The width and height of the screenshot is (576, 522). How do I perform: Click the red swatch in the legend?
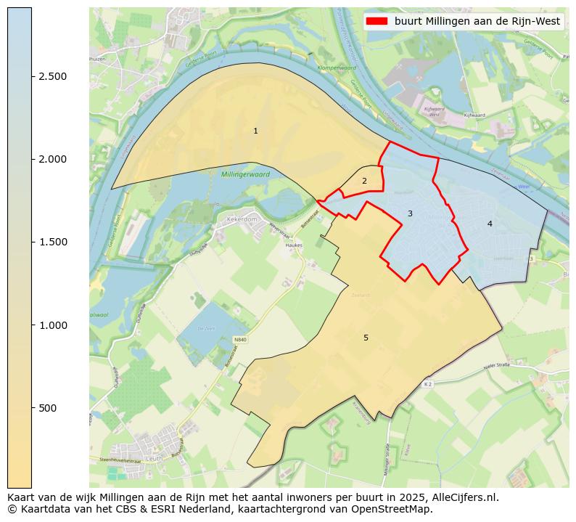tap(378, 21)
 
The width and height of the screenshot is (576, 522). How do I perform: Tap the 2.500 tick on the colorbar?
tap(52, 77)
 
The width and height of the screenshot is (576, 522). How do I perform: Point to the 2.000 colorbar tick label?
tap(52, 160)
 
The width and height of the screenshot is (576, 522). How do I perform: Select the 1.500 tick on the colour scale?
tap(52, 242)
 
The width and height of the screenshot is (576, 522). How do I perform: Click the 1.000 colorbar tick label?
tap(52, 325)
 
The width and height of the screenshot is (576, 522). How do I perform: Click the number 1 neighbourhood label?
tap(255, 131)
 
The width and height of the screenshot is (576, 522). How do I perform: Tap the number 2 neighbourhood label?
tap(364, 181)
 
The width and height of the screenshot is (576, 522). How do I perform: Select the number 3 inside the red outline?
tap(410, 213)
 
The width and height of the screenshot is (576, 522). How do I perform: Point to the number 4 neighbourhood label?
tap(490, 224)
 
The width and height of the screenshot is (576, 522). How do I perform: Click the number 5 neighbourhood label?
tap(366, 338)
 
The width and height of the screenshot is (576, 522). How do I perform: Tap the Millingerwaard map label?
tap(245, 175)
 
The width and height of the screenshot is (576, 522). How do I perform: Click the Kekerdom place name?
tap(242, 218)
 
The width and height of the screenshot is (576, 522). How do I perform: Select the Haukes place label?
tap(294, 245)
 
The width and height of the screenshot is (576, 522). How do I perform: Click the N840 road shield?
tap(240, 338)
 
